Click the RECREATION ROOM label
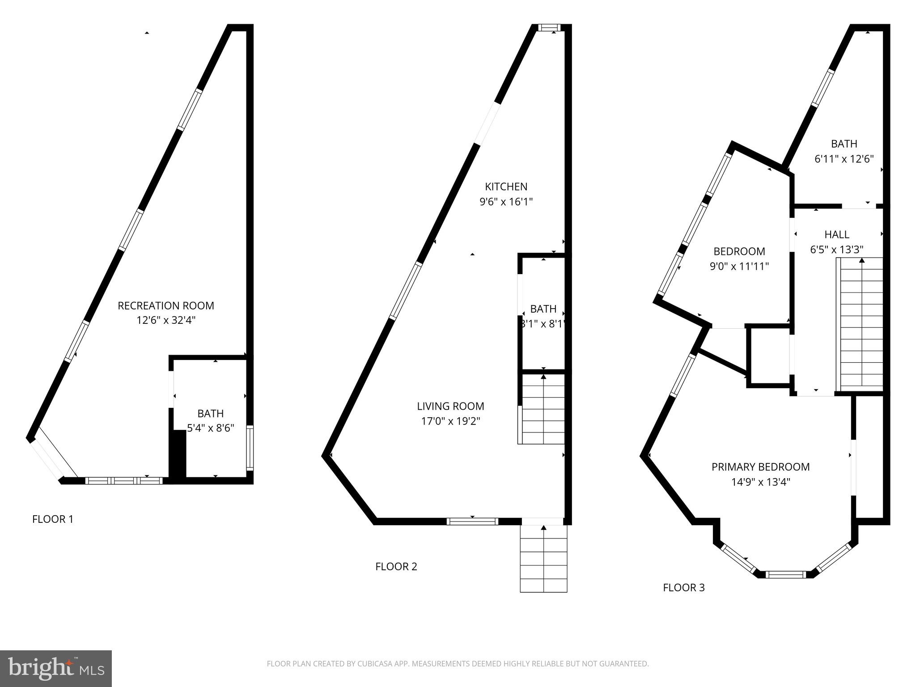(165, 305)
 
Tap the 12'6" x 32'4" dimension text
(166, 320)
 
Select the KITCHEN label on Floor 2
(506, 187)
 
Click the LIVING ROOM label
(450, 406)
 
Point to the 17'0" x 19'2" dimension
(450, 421)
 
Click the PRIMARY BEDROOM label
(760, 467)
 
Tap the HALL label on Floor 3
(836, 234)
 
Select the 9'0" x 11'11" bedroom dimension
(739, 266)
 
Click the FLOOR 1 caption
(53, 519)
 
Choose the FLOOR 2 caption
(396, 567)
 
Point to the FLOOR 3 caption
(683, 588)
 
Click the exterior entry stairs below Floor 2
(543, 559)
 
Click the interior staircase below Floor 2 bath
(542, 409)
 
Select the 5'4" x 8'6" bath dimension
(210, 428)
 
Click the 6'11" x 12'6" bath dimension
(844, 159)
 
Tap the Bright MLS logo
(55, 668)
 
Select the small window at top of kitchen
(548, 28)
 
